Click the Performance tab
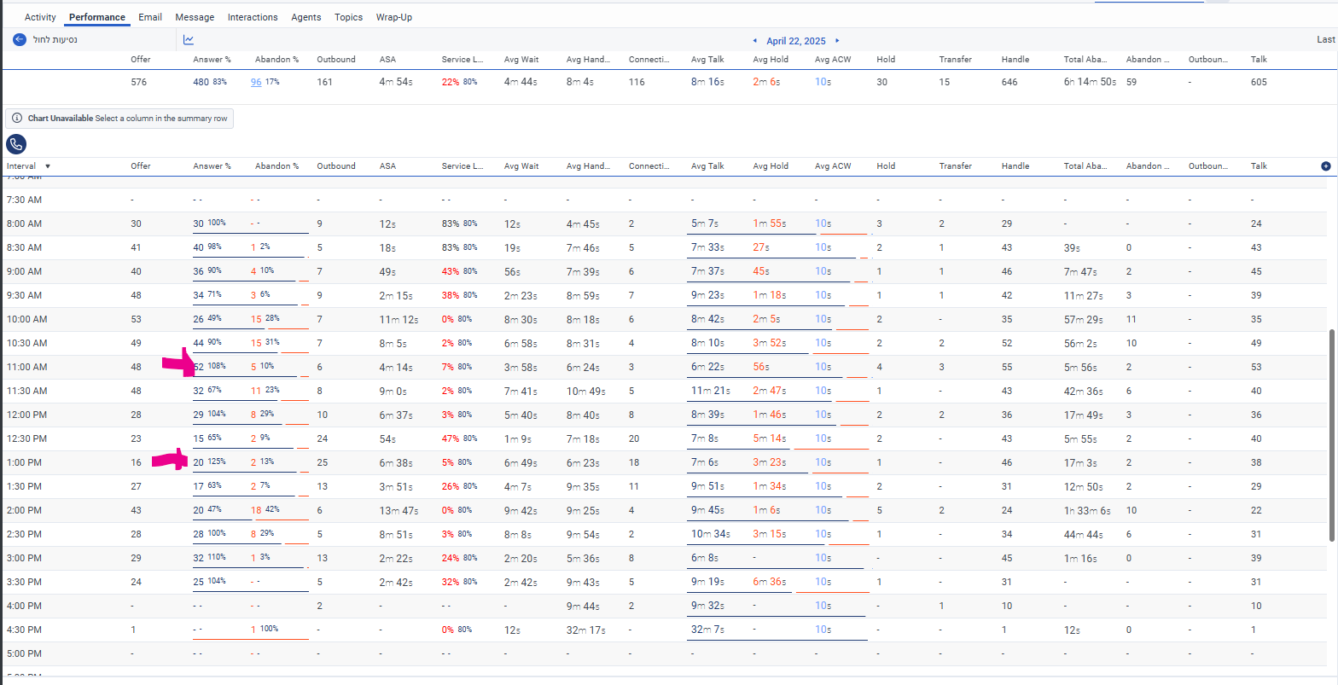click(97, 17)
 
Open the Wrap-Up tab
click(394, 17)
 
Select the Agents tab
click(306, 17)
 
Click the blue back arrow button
click(20, 39)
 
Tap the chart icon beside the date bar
click(189, 39)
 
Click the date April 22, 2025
click(796, 40)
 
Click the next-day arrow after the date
click(837, 40)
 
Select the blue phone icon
click(15, 143)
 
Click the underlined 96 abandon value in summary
click(256, 82)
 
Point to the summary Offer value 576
click(138, 82)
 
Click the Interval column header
click(22, 166)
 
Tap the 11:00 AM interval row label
click(26, 367)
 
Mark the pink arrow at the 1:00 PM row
click(170, 461)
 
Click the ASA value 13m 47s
click(398, 510)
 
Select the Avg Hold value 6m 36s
click(770, 582)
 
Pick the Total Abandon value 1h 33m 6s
click(1087, 510)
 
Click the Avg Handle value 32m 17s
click(586, 630)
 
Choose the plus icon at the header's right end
click(1325, 166)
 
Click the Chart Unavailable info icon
click(17, 119)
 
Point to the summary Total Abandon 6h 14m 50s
click(1090, 82)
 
